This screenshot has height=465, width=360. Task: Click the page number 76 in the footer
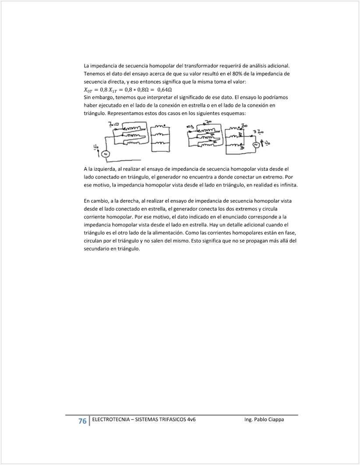point(82,421)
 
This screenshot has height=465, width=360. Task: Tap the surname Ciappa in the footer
point(275,419)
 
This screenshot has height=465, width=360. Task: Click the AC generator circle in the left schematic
point(105,154)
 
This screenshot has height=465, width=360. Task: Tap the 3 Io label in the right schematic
point(258,132)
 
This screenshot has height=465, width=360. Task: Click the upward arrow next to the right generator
point(262,143)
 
